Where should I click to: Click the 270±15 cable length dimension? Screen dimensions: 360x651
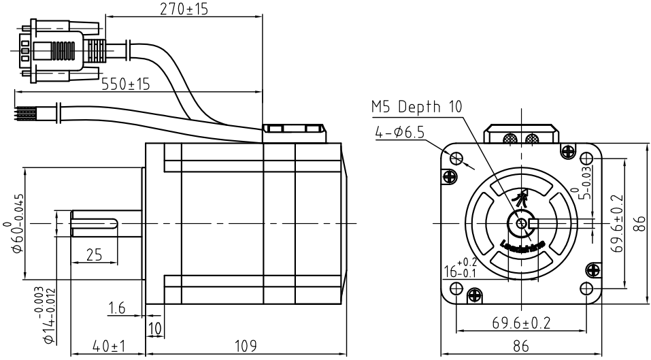pos(183,9)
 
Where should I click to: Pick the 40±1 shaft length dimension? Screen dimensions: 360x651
pos(109,346)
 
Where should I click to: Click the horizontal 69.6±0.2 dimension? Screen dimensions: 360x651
pos(521,322)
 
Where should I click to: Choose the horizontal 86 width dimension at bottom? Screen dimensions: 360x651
pos(521,346)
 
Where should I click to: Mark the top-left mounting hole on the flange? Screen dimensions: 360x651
pos(459,158)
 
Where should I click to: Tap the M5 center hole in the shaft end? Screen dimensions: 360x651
pos(522,223)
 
